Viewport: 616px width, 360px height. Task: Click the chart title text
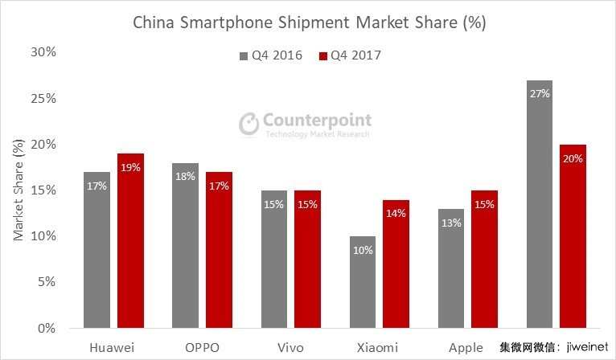(x=309, y=22)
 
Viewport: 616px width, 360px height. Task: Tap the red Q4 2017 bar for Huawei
(x=130, y=241)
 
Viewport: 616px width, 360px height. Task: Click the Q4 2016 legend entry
(x=270, y=55)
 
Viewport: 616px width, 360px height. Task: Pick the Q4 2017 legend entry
(x=350, y=55)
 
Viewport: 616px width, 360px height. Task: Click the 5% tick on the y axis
(x=47, y=282)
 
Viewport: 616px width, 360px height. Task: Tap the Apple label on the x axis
(x=466, y=347)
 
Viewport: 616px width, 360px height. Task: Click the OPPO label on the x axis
(x=201, y=347)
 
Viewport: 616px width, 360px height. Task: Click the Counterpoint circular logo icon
(x=249, y=123)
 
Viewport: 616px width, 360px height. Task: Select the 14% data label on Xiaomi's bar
(x=396, y=214)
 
